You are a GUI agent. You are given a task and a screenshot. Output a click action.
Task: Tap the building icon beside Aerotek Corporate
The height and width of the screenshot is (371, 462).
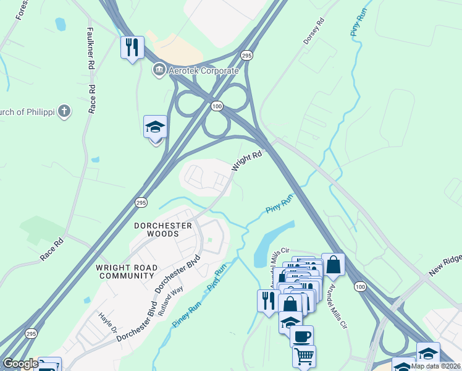pos(159,69)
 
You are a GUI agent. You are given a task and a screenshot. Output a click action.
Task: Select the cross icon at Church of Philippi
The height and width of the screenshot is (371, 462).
pos(65,111)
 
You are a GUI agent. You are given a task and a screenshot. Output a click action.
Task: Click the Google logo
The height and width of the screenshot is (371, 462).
pos(20,364)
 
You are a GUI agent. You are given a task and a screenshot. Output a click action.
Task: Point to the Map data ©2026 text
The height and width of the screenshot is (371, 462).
pos(436,366)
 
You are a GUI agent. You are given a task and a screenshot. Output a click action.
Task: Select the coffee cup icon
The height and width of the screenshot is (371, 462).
pos(301,336)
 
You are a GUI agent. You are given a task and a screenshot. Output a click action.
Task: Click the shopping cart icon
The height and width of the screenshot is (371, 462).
pos(304,356)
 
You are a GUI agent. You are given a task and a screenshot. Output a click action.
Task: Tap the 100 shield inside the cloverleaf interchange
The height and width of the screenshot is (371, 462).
pos(216,106)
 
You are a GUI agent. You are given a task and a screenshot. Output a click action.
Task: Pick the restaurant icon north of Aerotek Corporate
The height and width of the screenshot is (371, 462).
pos(132,47)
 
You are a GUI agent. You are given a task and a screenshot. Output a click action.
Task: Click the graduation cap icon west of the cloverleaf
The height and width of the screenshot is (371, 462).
pos(156,127)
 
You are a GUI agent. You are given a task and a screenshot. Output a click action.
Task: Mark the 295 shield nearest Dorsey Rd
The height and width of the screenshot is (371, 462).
pos(246,56)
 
